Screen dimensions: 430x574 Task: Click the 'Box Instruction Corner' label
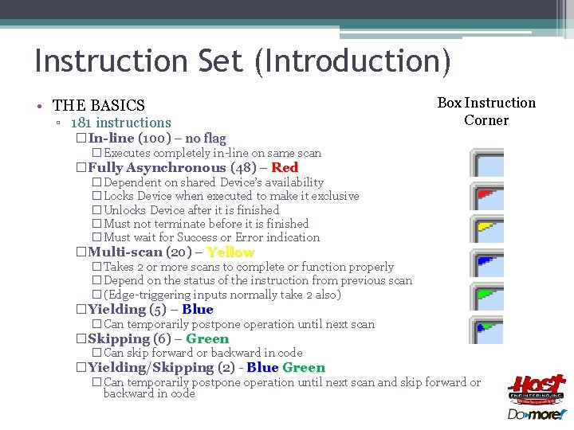pos(486,111)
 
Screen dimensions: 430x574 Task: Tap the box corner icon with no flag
pos(487,162)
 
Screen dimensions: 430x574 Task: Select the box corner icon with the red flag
pos(487,196)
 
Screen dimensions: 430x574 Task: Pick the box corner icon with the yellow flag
pos(487,229)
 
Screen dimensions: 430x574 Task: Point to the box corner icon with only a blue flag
pos(487,263)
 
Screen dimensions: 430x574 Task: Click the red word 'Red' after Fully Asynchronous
pos(285,168)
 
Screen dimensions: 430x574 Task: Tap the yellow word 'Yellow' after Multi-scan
pos(230,252)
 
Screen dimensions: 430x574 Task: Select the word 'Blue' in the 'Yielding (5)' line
pos(198,310)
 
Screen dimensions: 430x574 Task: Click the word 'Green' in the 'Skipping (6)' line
pos(207,339)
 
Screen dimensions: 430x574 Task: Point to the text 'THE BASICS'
pos(99,105)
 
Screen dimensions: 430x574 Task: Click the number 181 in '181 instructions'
pos(81,123)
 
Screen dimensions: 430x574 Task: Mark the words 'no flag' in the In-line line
pos(206,139)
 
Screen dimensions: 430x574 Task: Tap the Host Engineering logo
pos(537,390)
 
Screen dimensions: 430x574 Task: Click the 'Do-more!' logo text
pos(537,414)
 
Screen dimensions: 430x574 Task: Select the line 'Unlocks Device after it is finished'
pos(191,210)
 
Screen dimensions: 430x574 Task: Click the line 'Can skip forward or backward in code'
pos(203,353)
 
